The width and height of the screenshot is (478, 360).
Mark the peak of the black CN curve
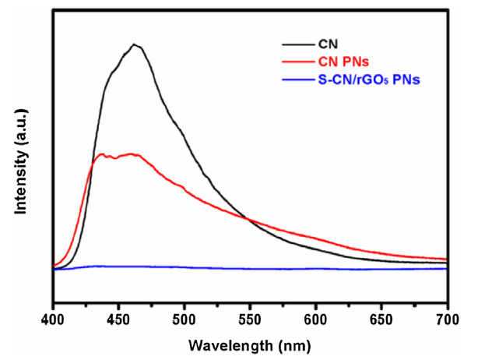(135, 44)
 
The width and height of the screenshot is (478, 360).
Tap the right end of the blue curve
(446, 268)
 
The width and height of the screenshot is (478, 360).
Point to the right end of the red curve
(446, 259)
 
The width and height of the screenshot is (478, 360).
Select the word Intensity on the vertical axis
(22, 183)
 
